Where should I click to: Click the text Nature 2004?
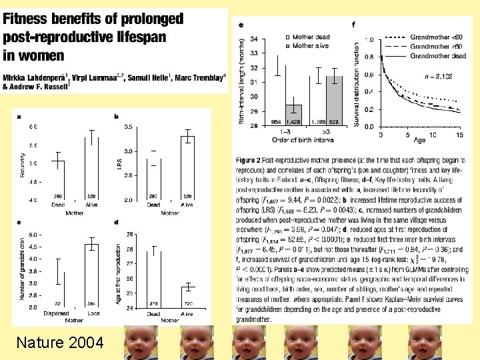click(60, 343)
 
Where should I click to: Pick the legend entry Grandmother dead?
click(436, 56)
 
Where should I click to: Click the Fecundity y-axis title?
click(22, 164)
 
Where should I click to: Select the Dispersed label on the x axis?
click(56, 313)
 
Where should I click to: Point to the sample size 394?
click(91, 304)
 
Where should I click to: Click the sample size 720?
click(187, 304)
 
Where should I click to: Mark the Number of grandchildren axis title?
click(22, 270)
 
